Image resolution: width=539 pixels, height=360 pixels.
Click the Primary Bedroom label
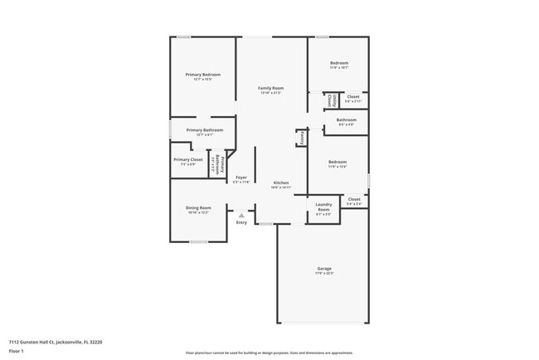coord(203,75)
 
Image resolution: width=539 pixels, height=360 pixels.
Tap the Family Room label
coord(270,88)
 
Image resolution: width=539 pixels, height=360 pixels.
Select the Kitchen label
coord(281,182)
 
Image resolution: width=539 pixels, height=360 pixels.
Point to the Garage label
coord(324,269)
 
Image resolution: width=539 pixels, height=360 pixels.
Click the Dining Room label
coord(198,207)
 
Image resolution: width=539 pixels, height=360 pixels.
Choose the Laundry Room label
coord(323,207)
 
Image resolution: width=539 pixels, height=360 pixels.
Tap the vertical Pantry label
coord(302,138)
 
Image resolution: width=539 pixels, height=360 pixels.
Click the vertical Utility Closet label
coord(330,100)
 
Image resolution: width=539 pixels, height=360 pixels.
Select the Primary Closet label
coord(187,159)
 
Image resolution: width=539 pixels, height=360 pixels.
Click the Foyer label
coord(241,177)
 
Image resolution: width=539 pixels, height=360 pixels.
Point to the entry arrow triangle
coord(241,215)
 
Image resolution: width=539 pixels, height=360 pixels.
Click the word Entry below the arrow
coord(241,222)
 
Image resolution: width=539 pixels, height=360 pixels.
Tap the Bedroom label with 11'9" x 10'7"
coord(338,63)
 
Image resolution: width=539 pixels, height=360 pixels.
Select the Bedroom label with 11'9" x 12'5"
coord(337,162)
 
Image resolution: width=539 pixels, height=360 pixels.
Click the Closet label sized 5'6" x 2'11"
coord(353,96)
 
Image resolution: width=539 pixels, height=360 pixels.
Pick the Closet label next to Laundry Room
coord(354,199)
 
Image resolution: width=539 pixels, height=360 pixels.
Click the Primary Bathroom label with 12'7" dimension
coord(202,130)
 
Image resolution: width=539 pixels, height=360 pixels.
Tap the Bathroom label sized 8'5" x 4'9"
coord(346,119)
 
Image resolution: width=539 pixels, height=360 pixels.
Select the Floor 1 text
coord(16,350)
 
